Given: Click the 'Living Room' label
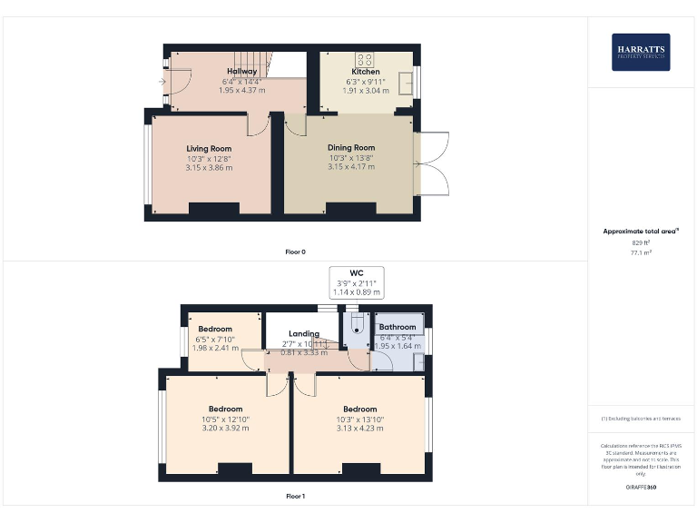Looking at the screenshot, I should click(x=209, y=149).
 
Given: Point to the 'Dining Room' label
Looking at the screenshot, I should click(x=350, y=147).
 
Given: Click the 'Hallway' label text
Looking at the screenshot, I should click(x=242, y=71).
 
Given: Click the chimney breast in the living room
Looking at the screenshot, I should click(x=213, y=210).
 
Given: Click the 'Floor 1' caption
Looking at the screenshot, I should click(x=296, y=497).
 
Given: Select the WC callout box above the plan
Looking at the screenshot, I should click(x=357, y=282).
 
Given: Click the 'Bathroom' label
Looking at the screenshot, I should click(x=398, y=327).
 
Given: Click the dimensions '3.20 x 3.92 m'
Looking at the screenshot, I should click(x=225, y=429).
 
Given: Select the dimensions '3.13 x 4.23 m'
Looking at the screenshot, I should click(x=359, y=429).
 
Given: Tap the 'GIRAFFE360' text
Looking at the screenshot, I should click(x=642, y=488).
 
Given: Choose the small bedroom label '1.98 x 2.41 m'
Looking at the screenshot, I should click(x=216, y=348).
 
